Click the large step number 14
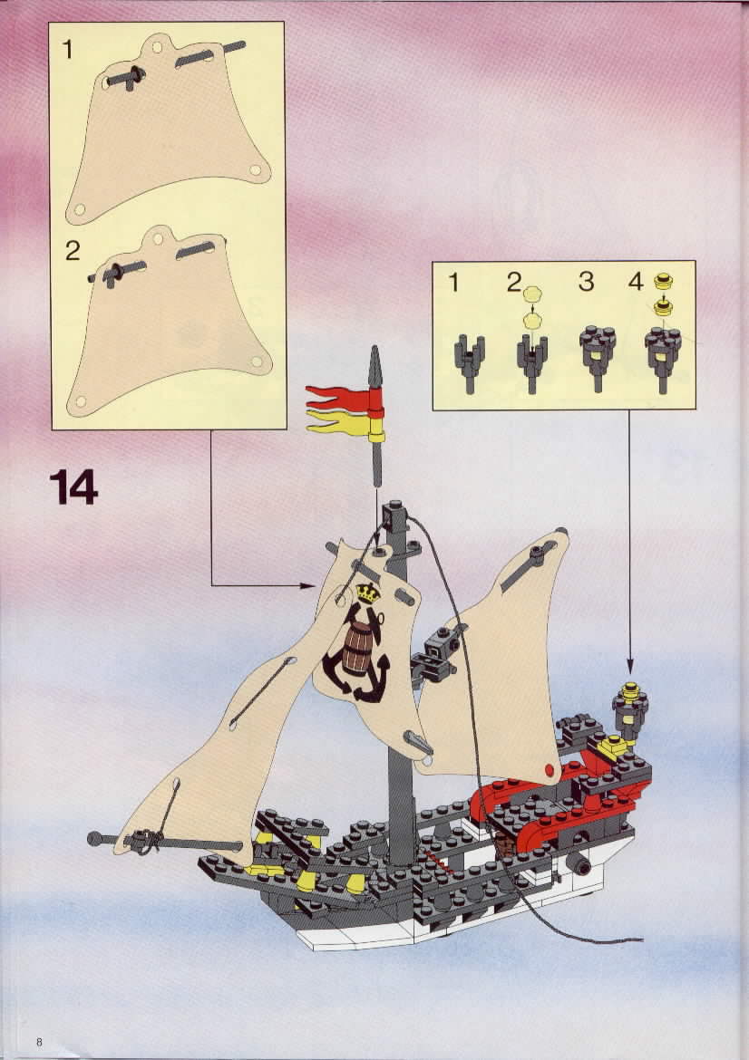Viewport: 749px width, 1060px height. coord(73,487)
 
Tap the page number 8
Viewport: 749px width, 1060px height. coord(39,1042)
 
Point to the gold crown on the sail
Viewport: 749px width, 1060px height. coord(368,593)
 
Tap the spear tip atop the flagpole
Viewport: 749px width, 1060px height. coord(375,363)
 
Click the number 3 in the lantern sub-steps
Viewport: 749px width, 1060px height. coord(586,281)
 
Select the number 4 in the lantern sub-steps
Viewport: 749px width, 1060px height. coord(636,281)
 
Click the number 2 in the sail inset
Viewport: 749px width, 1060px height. coord(73,251)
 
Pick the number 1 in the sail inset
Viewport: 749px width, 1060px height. coord(67,49)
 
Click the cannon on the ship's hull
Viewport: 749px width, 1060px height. coord(579,862)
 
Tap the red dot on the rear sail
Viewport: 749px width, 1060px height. coord(549,769)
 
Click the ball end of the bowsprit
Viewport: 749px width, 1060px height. coord(94,839)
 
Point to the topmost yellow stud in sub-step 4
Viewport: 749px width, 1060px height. coord(663,279)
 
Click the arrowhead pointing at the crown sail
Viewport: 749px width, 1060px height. coord(308,585)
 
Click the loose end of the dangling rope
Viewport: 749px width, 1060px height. coord(641,939)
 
